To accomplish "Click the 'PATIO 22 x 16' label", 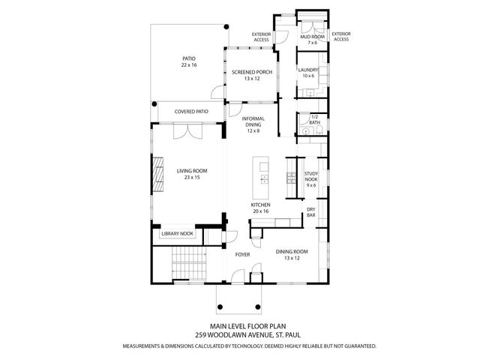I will point(188,62).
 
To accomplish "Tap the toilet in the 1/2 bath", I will point(319,130).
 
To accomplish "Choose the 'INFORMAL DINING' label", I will point(253,124).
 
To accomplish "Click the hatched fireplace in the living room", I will point(157,174).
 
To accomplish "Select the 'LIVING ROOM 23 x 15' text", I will point(192,174).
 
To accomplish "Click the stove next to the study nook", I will point(292,177).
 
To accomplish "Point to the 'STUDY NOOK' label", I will point(311,177).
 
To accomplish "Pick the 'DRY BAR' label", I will point(311,212).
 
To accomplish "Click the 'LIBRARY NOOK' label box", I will point(178,234).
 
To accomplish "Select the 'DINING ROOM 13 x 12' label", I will point(292,255).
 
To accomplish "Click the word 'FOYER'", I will point(242,254).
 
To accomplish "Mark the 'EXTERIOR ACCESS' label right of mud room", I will point(341,36).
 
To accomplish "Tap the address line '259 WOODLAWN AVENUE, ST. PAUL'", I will point(240,334).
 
